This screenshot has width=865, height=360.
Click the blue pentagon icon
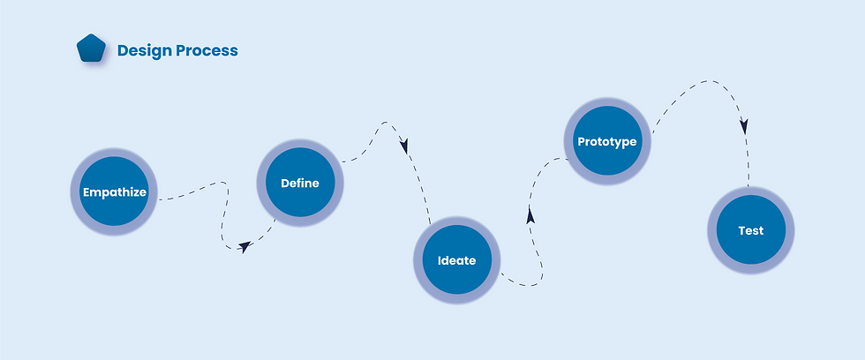(91, 49)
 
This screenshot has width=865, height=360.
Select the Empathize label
(114, 191)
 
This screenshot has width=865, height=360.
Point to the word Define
(300, 184)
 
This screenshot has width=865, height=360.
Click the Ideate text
(456, 260)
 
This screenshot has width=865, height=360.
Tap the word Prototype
(606, 141)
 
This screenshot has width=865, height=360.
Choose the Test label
(751, 231)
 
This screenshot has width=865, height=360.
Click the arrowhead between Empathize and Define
(244, 247)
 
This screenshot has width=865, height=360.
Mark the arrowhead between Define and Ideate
(405, 145)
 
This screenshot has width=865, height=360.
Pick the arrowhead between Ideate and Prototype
(530, 215)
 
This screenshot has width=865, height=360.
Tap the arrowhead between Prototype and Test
(744, 126)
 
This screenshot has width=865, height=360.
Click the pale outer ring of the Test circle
(751, 191)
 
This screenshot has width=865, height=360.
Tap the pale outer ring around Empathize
(114, 153)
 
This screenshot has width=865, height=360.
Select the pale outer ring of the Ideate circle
(456, 221)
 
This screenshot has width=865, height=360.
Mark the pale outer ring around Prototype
(606, 102)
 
